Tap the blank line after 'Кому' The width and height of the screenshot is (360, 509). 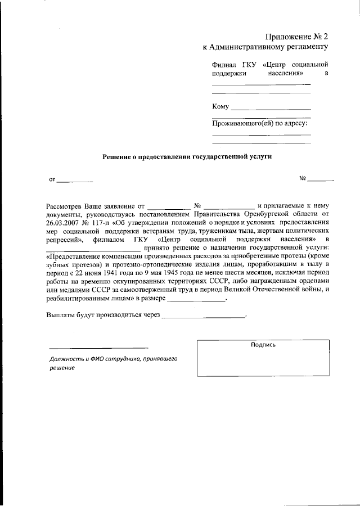click(271, 108)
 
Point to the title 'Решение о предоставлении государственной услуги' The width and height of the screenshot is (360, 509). click(186, 157)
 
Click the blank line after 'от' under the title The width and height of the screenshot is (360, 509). click(75, 181)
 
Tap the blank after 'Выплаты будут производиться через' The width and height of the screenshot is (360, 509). click(204, 317)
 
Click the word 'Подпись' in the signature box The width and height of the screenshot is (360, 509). click(263, 345)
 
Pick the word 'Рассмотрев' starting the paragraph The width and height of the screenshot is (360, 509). click(65, 206)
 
